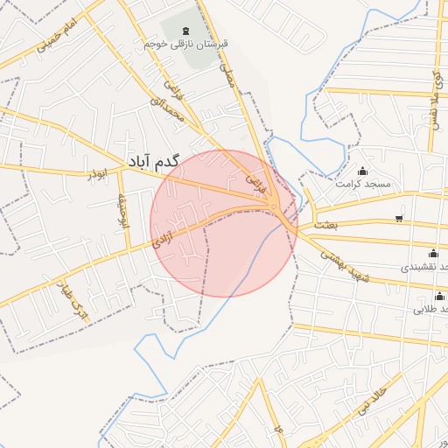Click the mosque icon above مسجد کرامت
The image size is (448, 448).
[x=363, y=171]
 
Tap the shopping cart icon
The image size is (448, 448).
[x=400, y=218]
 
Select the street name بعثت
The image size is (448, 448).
[x=325, y=224]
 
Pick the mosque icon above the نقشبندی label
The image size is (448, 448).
[x=432, y=254]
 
